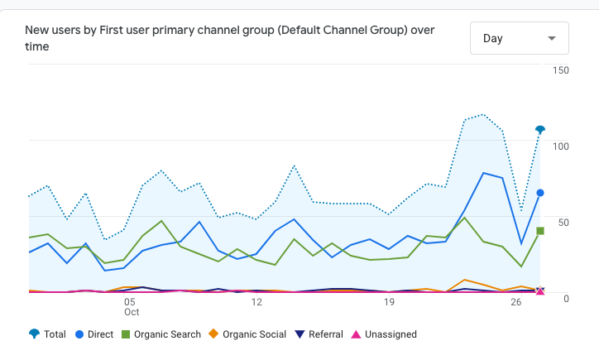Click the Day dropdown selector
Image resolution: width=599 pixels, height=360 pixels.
[519, 38]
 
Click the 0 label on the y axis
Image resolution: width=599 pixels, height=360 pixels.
[566, 298]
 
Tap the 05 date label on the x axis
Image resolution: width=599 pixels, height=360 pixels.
[130, 302]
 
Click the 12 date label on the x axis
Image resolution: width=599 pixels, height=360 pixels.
[256, 302]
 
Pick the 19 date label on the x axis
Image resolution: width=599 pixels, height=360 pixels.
[389, 302]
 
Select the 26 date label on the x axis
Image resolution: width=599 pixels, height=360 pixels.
[516, 302]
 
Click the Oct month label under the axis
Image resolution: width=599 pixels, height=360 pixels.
[132, 313]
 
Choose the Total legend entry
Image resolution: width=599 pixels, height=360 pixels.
[48, 334]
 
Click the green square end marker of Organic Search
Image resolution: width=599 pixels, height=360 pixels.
[540, 231]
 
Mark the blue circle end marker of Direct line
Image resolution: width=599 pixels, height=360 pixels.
[540, 193]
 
